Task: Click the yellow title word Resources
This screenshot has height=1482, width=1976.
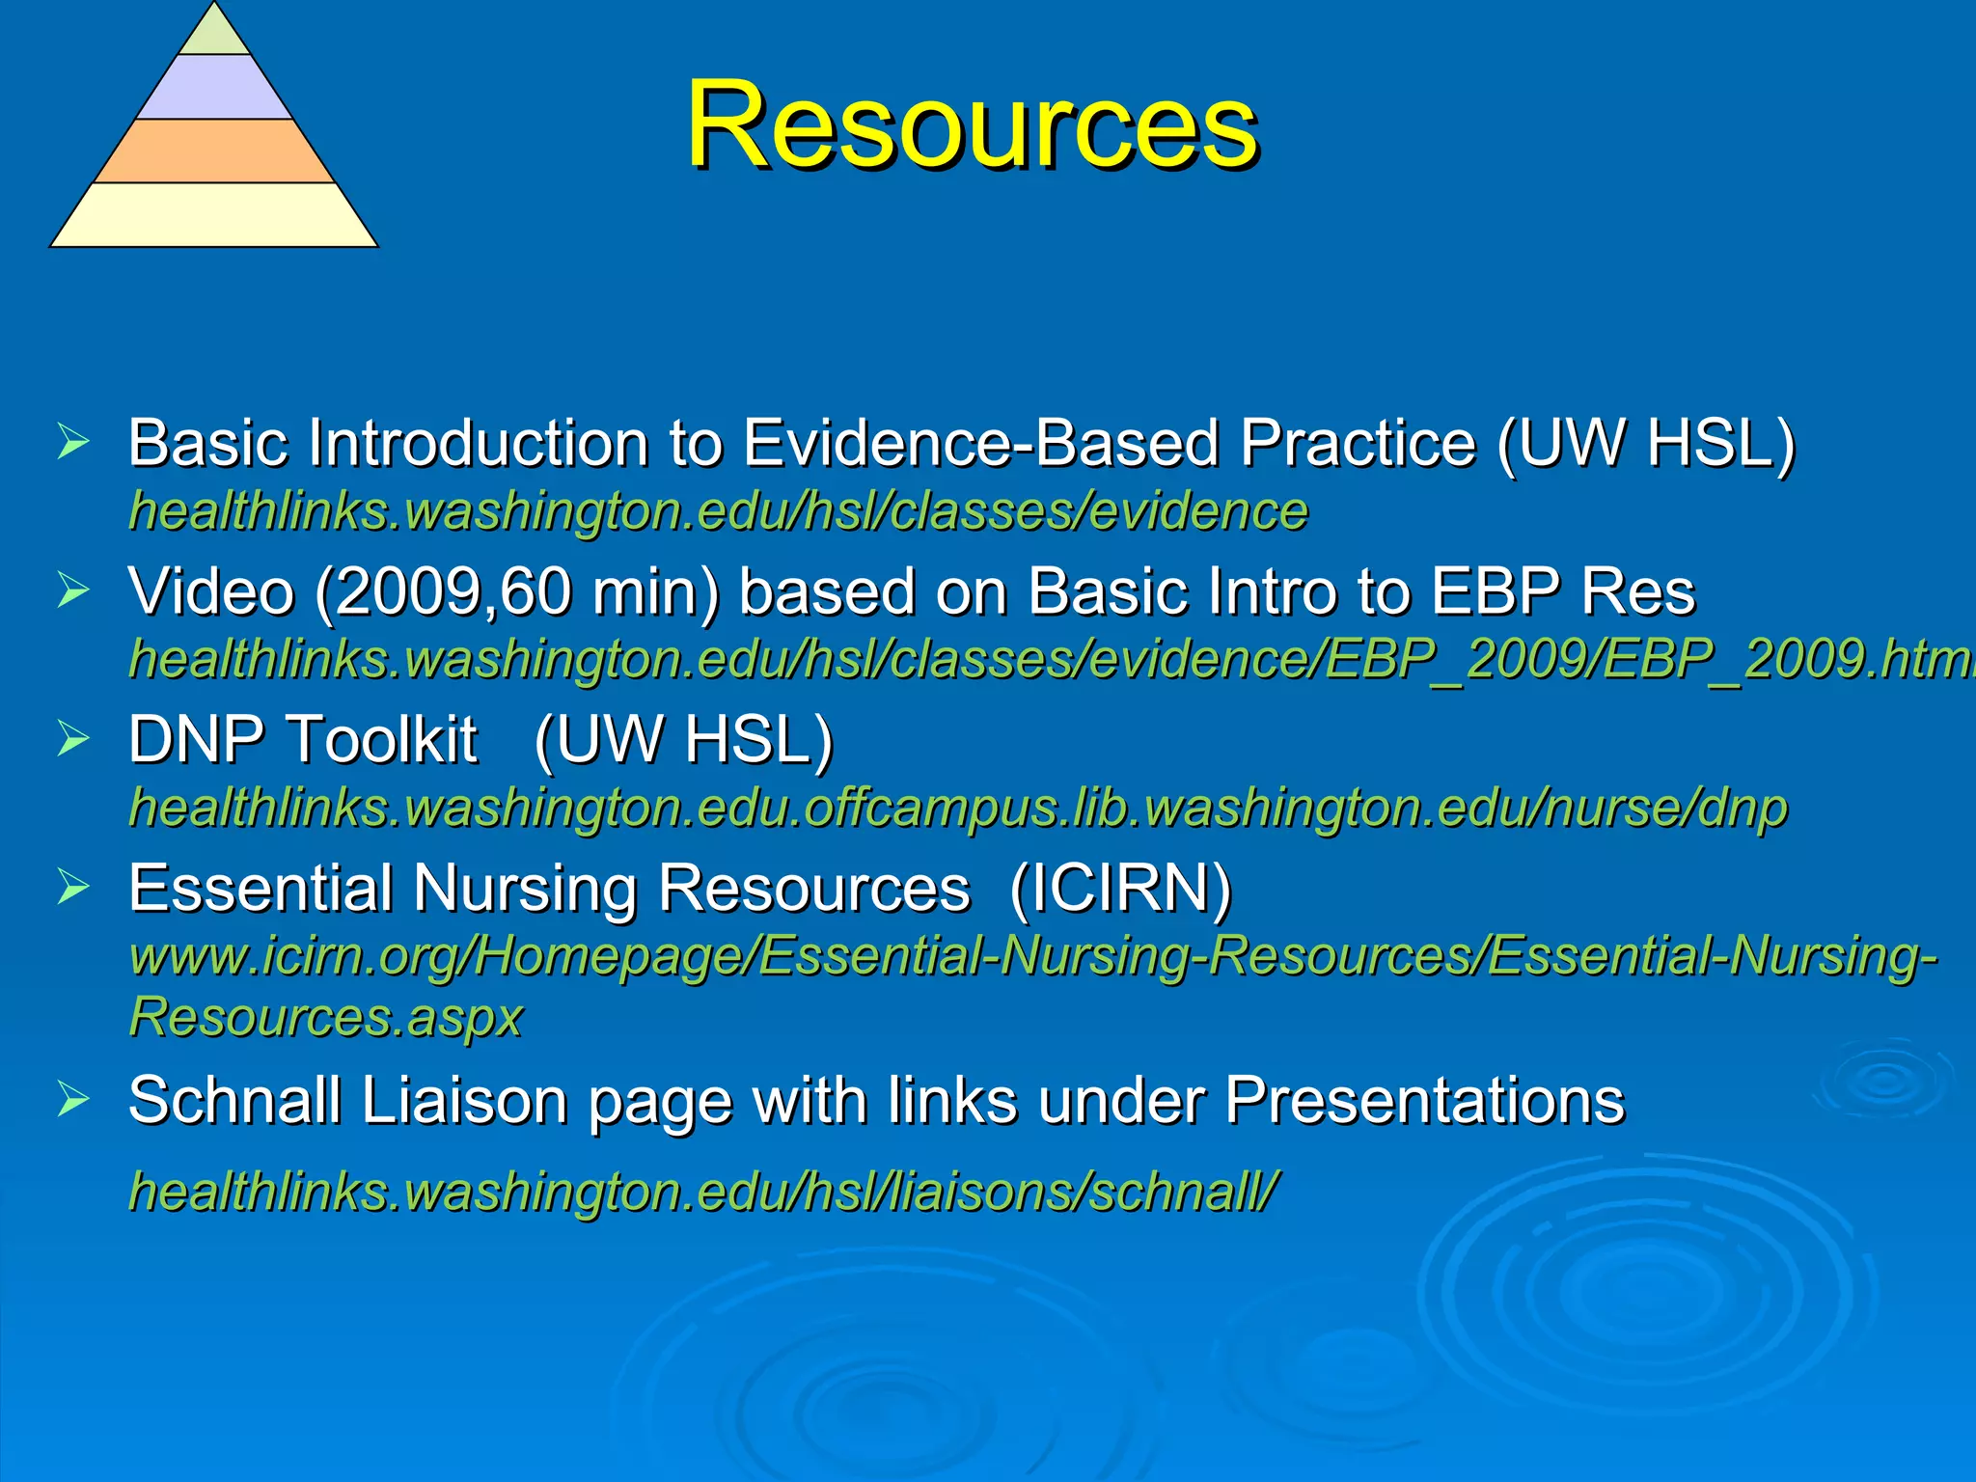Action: pyautogui.click(x=972, y=125)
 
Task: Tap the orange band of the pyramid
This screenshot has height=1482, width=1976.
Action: pyautogui.click(x=214, y=151)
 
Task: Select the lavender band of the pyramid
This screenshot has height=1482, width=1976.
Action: pyautogui.click(x=214, y=88)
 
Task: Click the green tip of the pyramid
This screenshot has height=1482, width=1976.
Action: pyautogui.click(x=214, y=35)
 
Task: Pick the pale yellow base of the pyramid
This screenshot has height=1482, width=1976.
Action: pyautogui.click(x=214, y=215)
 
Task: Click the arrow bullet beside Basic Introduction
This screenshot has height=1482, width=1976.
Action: pyautogui.click(x=73, y=442)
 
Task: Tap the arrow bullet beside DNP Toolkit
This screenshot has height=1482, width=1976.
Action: pyautogui.click(x=73, y=739)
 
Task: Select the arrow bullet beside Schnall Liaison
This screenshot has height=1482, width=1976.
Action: pyautogui.click(x=73, y=1099)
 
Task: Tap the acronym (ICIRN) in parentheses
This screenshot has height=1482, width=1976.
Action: pyautogui.click(x=1120, y=888)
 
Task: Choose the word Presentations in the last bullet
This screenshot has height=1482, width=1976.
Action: pyautogui.click(x=1424, y=1100)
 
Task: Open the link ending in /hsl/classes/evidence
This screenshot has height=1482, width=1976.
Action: pyautogui.click(x=719, y=511)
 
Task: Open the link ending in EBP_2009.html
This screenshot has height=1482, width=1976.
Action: pyautogui.click(x=1052, y=660)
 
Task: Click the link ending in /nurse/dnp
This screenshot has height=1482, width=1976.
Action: pyautogui.click(x=958, y=809)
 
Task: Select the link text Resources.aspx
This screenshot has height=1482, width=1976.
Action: pyautogui.click(x=326, y=1017)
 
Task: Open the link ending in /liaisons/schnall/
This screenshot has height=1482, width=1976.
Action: pyautogui.click(x=704, y=1192)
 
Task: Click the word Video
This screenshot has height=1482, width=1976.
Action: pyautogui.click(x=211, y=591)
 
